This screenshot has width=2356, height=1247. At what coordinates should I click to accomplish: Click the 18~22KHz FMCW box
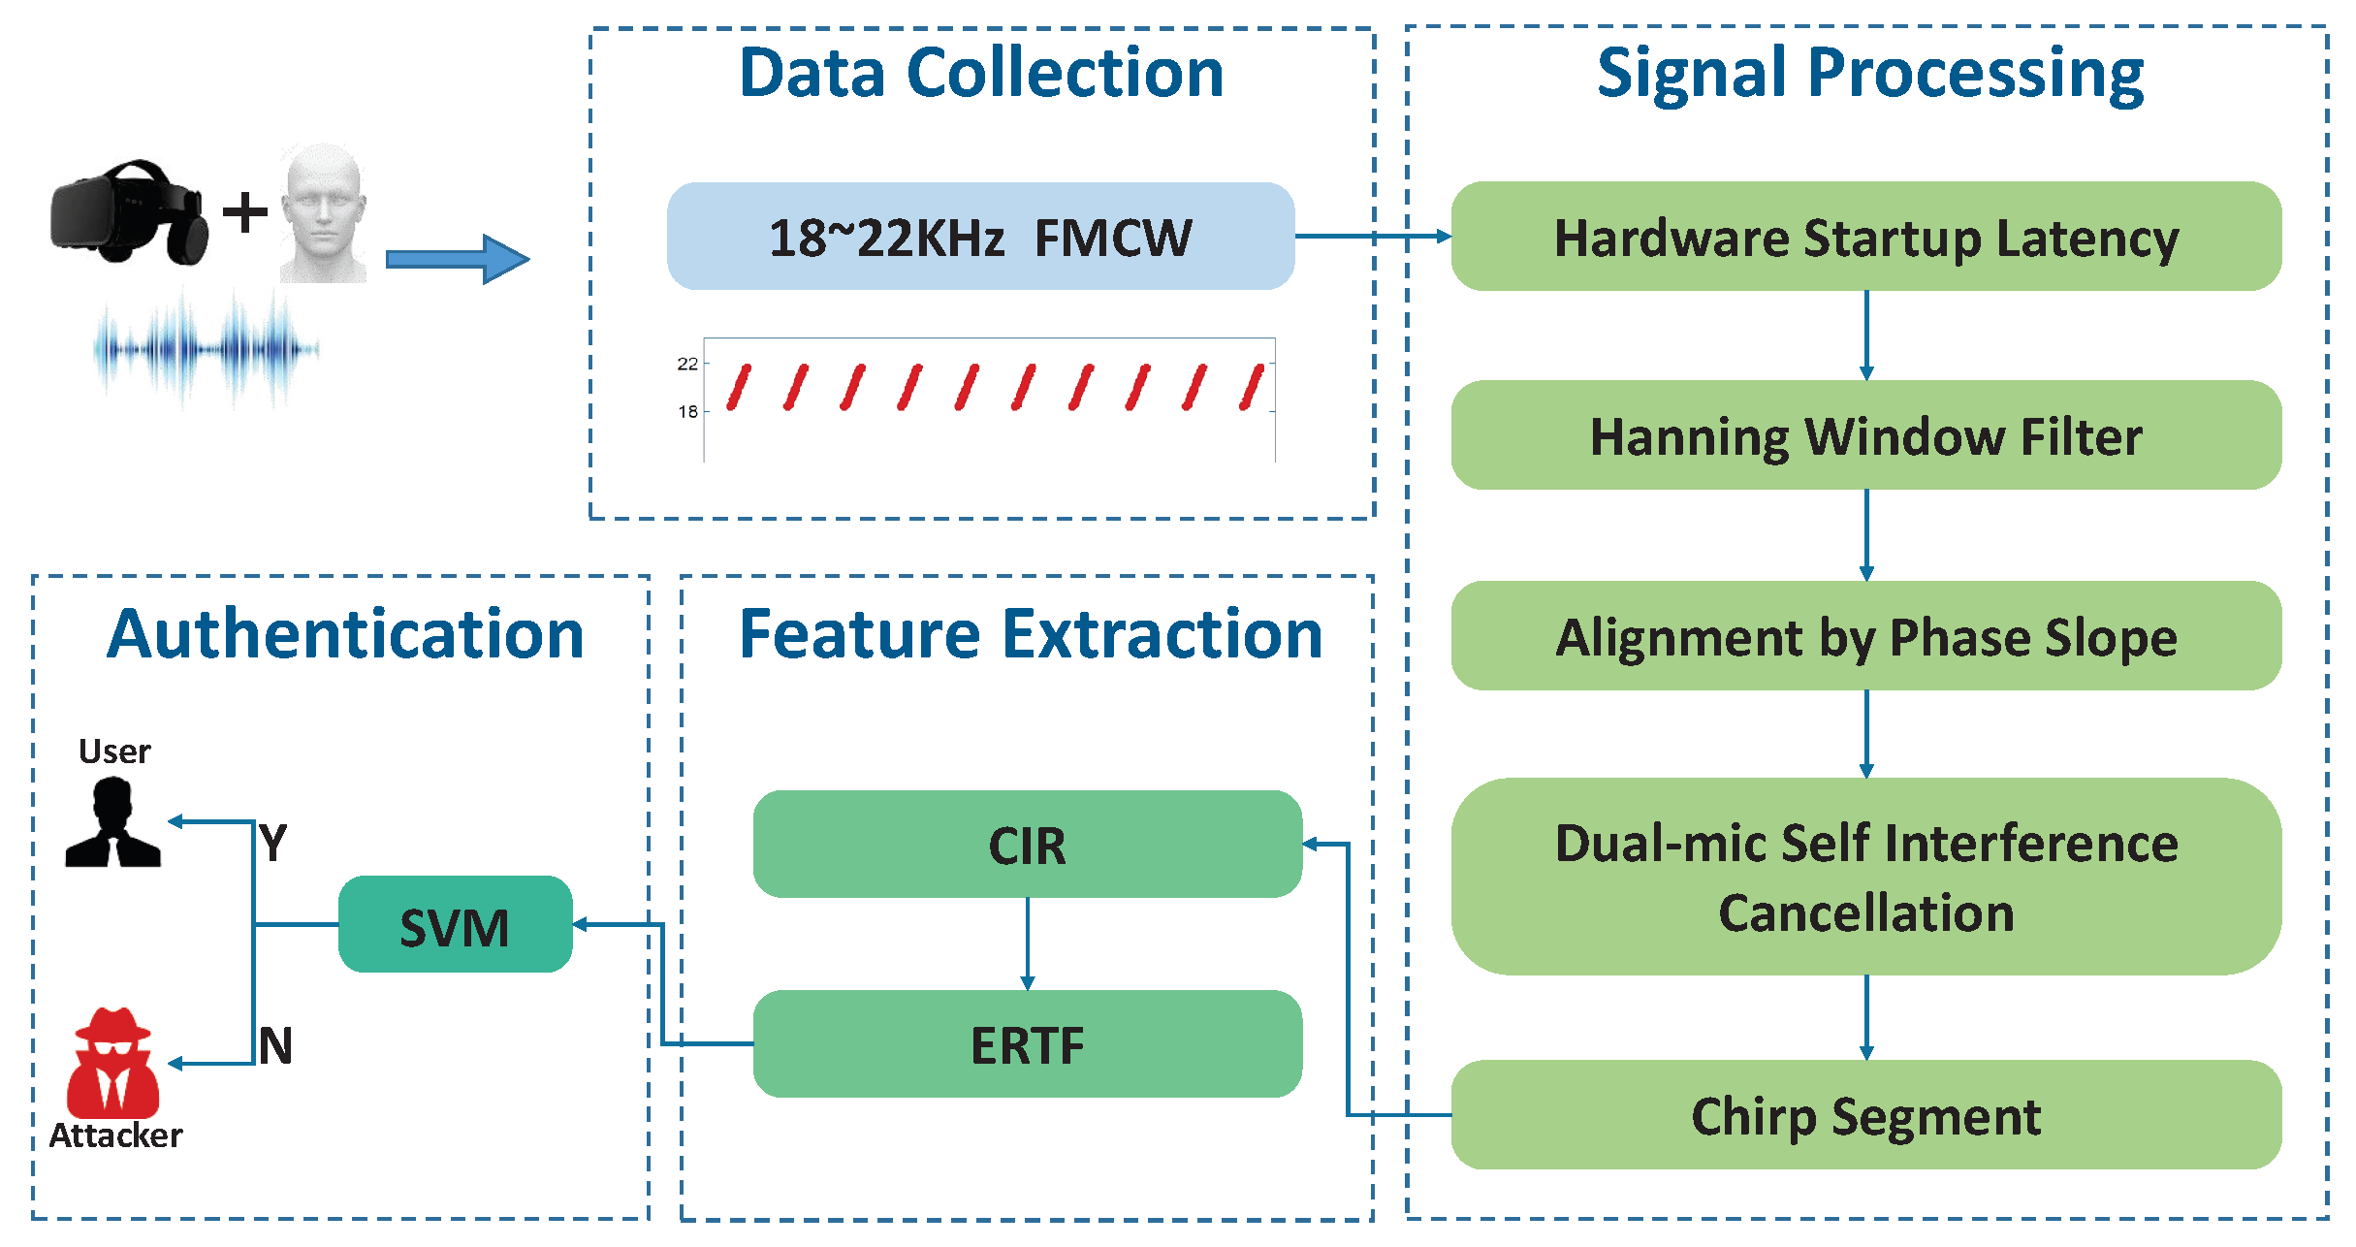(979, 236)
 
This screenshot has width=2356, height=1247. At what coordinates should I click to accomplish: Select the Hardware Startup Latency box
(1865, 236)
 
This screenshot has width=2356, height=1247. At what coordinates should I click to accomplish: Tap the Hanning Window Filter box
(1865, 434)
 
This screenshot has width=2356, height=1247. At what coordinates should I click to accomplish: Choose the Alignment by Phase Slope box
(1865, 635)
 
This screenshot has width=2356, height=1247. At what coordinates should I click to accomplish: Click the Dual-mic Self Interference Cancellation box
(1865, 876)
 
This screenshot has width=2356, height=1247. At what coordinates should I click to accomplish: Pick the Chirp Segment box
(1865, 1114)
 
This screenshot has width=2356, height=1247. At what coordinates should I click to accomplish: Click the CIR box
(1027, 844)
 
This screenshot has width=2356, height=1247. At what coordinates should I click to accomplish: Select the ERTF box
(1027, 1043)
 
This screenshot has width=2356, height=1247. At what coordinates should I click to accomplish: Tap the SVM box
(455, 924)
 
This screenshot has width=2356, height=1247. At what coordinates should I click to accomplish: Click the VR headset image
(129, 212)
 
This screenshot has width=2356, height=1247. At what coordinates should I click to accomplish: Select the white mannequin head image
(324, 213)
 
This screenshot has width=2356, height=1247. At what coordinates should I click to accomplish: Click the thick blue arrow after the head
(457, 259)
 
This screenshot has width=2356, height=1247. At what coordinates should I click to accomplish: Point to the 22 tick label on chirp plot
(687, 364)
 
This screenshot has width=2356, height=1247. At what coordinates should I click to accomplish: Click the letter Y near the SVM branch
(273, 842)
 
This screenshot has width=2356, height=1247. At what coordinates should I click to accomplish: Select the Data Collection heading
(981, 73)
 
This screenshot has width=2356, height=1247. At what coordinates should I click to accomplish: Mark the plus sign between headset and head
(245, 212)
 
